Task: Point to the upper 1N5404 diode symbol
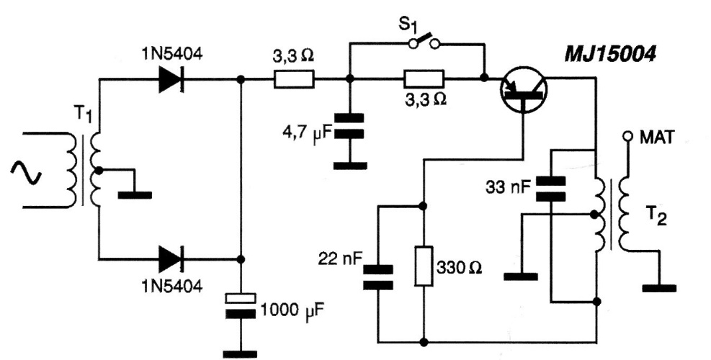[x=170, y=81]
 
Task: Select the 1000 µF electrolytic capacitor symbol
[x=241, y=305]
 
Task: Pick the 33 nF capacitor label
[x=507, y=188]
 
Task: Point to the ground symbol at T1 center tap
[x=134, y=192]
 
